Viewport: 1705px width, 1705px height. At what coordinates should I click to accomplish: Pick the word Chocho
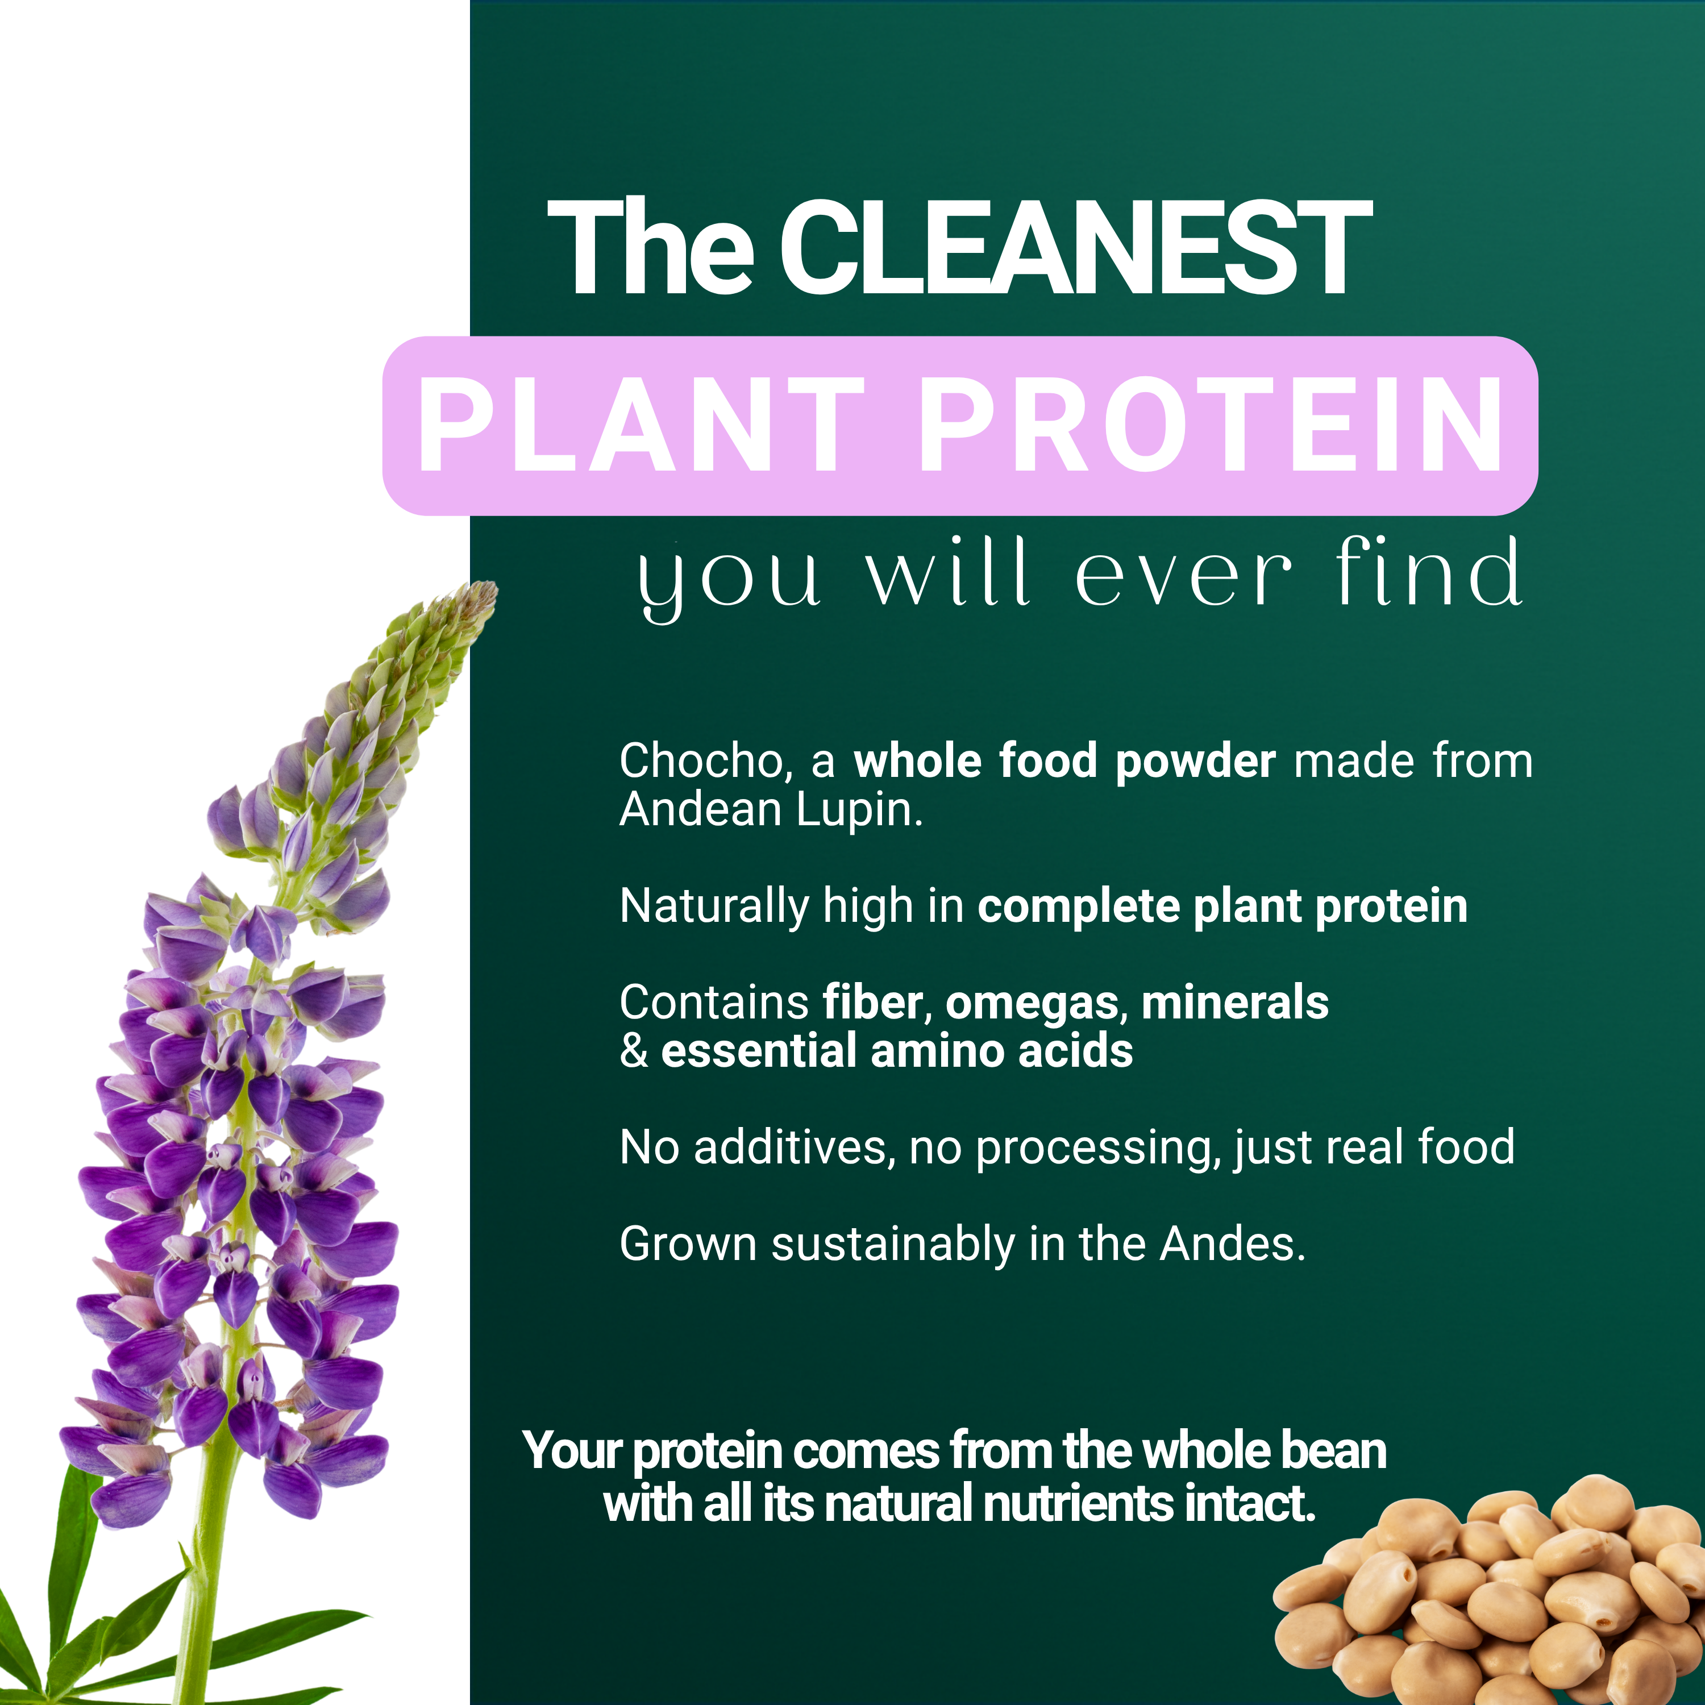[x=700, y=761]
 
